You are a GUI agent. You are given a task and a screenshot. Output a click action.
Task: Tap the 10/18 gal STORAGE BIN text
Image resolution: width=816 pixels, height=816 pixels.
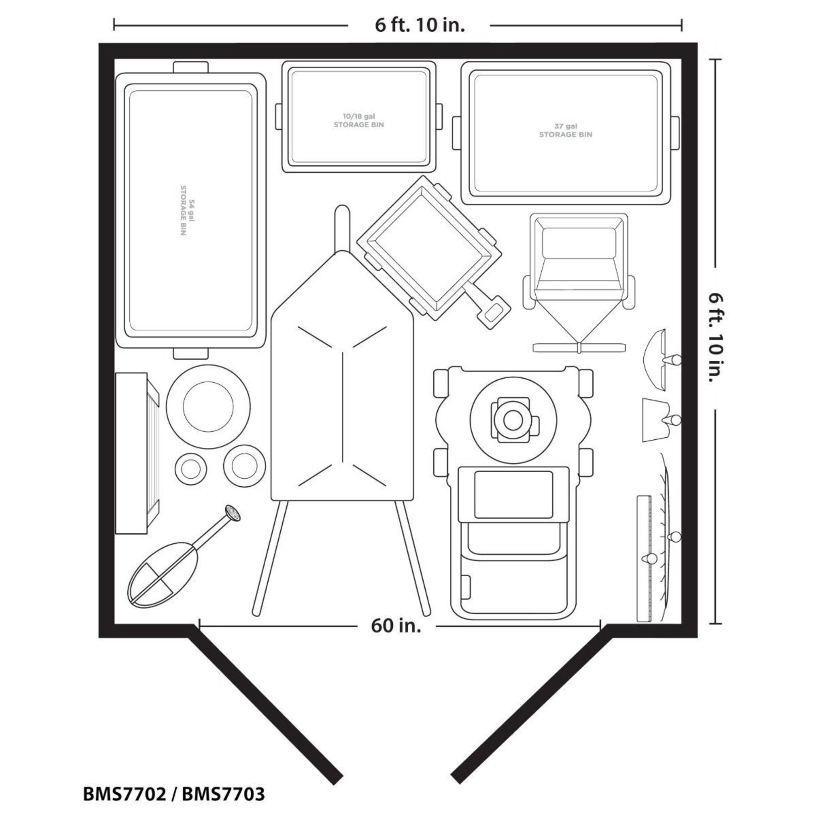tap(359, 120)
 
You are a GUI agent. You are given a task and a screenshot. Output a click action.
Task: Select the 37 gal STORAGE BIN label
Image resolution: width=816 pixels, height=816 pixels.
tap(566, 130)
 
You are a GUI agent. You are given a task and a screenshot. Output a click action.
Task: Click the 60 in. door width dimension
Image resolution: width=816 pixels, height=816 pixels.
tap(396, 625)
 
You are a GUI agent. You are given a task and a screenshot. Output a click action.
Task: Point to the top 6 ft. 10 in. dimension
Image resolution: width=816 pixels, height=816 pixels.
tap(419, 25)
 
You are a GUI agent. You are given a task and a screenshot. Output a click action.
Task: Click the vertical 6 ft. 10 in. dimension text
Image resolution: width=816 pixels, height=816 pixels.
tap(716, 338)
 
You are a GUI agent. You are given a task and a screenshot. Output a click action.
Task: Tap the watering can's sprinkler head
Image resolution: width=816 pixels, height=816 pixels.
tap(233, 513)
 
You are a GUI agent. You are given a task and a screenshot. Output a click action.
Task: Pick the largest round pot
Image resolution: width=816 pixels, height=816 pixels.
tap(208, 406)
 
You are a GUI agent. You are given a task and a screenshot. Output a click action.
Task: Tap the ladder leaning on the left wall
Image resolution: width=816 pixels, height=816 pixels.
tap(138, 453)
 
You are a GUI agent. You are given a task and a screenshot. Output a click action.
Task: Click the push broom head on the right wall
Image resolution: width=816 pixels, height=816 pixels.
tap(644, 558)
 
